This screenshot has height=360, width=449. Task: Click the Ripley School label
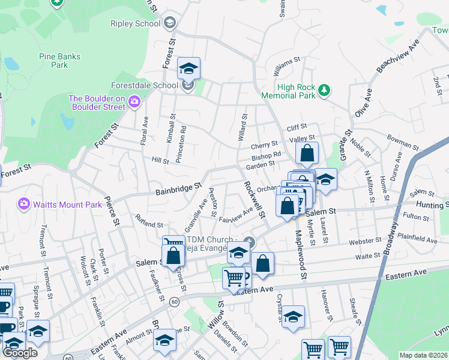click(135, 23)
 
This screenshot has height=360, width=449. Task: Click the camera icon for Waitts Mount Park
click(25, 204)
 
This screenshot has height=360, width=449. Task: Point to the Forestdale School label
click(144, 86)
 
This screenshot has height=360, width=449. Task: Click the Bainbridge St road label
click(178, 190)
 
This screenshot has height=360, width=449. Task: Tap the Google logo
click(20, 353)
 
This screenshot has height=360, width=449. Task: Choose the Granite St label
click(347, 142)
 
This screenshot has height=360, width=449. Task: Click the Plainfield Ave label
click(418, 239)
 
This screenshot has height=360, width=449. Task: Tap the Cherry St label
click(264, 145)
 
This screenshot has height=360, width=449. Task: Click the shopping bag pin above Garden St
click(307, 154)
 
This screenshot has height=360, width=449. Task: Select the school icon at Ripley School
click(170, 23)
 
